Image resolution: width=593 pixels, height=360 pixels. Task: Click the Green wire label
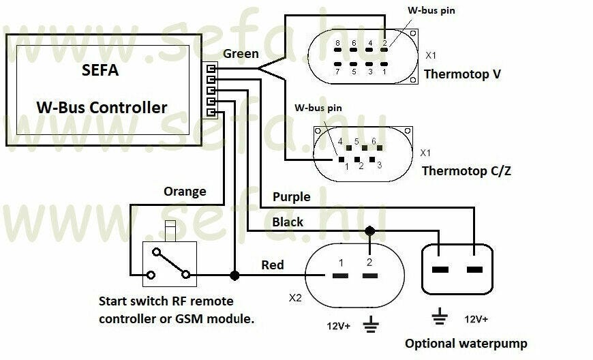point(241,54)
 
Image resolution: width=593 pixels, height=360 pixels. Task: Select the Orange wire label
point(185,192)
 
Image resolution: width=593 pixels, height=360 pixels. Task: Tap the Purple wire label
point(292,197)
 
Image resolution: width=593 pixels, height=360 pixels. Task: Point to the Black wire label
point(288,222)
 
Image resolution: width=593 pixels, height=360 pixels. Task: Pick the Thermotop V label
point(463,74)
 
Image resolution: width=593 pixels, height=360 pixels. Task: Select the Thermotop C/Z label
point(466,170)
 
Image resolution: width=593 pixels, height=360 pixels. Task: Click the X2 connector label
point(295,298)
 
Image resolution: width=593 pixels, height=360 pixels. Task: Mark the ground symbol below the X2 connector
point(371,325)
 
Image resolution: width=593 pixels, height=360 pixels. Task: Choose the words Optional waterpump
point(466,344)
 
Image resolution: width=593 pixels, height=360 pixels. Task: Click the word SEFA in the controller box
point(100,71)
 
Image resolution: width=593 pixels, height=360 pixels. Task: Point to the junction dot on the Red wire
point(234,275)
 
